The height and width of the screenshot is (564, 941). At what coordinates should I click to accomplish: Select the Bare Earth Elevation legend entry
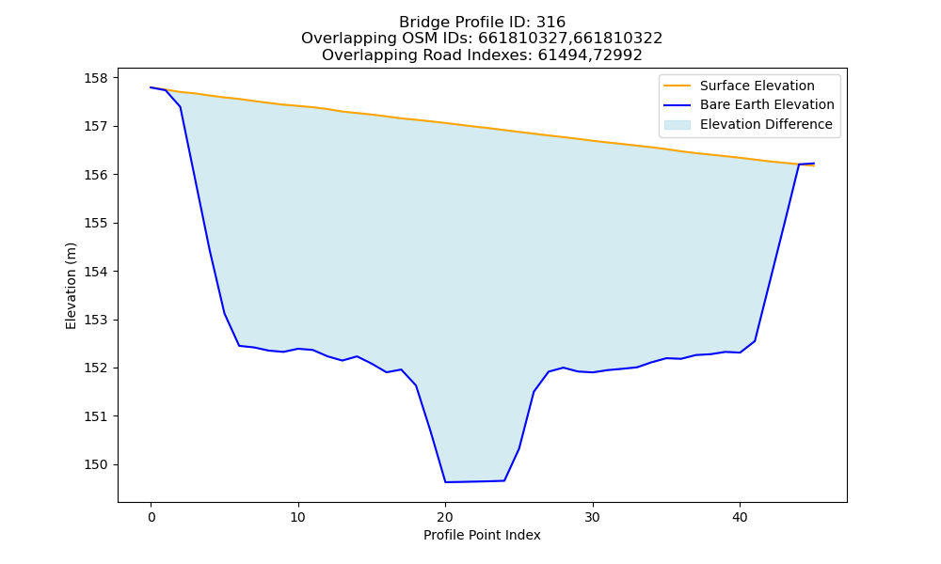coord(749,105)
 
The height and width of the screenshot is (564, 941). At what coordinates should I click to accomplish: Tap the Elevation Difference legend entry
coord(748,125)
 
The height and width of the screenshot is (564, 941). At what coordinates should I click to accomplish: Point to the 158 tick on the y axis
coord(96,79)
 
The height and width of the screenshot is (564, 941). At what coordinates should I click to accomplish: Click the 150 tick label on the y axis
coord(96,464)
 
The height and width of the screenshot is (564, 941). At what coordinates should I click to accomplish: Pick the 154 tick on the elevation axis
coord(96,272)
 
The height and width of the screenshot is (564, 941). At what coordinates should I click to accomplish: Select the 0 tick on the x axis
coord(152,517)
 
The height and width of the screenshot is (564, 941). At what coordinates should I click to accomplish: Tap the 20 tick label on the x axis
coord(445,517)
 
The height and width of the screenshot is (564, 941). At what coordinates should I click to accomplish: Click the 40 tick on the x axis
coord(740,517)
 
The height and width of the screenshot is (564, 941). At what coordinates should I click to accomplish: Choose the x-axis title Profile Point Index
coord(482,535)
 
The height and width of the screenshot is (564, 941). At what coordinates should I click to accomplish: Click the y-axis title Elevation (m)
coord(71,286)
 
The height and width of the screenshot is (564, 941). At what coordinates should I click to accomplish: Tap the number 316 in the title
coord(550,23)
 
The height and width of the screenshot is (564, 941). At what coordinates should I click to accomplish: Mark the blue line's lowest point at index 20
coord(445,482)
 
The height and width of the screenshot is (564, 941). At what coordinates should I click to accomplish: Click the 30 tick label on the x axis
coord(593,517)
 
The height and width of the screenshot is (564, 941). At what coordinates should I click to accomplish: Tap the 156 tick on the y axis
coord(96,175)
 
